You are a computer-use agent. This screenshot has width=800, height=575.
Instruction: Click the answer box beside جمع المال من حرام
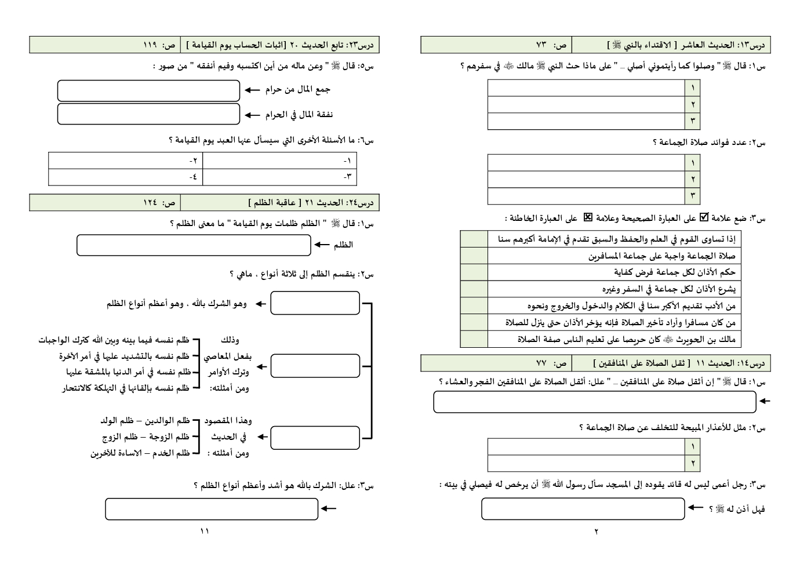pos(148,90)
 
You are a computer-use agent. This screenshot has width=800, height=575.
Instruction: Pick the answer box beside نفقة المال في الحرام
pos(148,114)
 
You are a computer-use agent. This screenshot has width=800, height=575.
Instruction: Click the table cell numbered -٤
pos(125,177)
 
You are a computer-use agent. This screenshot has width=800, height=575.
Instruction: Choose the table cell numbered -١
pos(279,161)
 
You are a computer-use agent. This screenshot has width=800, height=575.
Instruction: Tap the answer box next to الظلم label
pos(194,245)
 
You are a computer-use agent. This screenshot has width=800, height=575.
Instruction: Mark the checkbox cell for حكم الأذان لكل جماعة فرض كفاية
pos(474,272)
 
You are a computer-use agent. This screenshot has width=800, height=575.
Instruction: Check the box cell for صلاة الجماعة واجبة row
pos(474,256)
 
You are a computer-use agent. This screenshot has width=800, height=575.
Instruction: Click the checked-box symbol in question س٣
pos(704,218)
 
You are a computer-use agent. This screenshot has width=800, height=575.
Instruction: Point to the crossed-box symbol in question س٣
pos(588,218)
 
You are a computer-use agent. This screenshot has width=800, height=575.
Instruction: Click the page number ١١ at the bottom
pos(204,531)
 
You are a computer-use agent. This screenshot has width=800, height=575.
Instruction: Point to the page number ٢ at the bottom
pos(596,531)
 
